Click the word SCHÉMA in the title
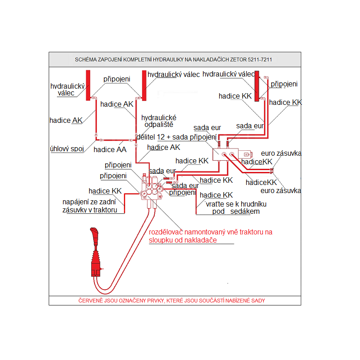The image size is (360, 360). [85, 59]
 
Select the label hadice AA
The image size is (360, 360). [110, 149]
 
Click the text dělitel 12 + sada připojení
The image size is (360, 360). [176, 137]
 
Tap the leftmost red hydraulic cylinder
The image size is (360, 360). [89, 84]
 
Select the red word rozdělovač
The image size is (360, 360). [169, 232]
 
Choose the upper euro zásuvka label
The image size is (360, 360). [282, 153]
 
